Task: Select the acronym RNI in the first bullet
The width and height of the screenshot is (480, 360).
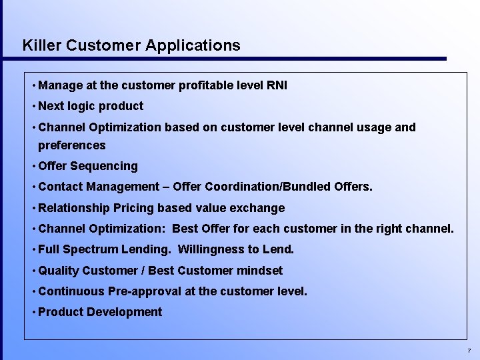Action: click(x=276, y=85)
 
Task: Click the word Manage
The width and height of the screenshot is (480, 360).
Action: click(x=61, y=85)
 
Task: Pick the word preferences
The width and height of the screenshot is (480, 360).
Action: click(x=72, y=145)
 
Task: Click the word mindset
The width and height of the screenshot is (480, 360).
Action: click(x=259, y=271)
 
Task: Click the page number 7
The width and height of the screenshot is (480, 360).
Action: click(x=469, y=351)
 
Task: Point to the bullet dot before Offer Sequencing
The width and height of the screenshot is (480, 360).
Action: click(x=33, y=166)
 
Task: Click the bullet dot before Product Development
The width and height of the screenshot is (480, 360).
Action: click(x=33, y=312)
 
